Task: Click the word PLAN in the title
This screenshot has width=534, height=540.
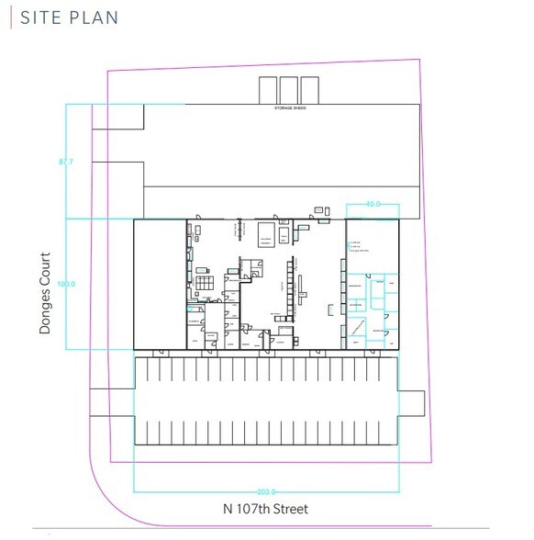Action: tap(95, 17)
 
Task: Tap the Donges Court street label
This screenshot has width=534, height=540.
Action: tap(45, 293)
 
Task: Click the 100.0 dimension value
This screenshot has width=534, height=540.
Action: tap(65, 285)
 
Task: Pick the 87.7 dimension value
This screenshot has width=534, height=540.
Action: tap(65, 163)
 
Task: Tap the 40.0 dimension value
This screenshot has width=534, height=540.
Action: tap(373, 204)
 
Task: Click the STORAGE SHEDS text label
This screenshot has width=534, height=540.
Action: tap(294, 108)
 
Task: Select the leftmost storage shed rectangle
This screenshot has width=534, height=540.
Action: tap(268, 90)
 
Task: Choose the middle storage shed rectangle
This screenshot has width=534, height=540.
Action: tap(289, 90)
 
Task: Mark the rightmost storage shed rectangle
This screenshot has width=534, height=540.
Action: tap(310, 90)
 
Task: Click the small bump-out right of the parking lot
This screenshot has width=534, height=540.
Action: tap(412, 403)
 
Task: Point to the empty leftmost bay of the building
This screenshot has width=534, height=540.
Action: tap(160, 284)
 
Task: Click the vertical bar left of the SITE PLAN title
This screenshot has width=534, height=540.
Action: tap(10, 17)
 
